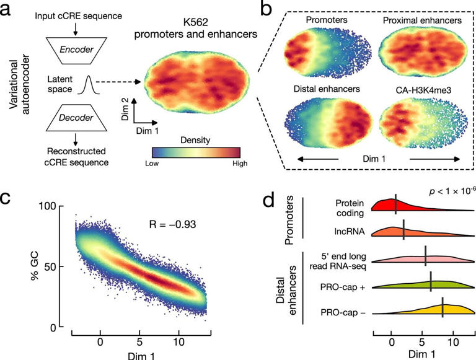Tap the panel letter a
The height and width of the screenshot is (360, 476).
click(9, 9)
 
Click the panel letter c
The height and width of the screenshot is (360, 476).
click(9, 200)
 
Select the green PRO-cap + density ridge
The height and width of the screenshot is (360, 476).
click(428, 284)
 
